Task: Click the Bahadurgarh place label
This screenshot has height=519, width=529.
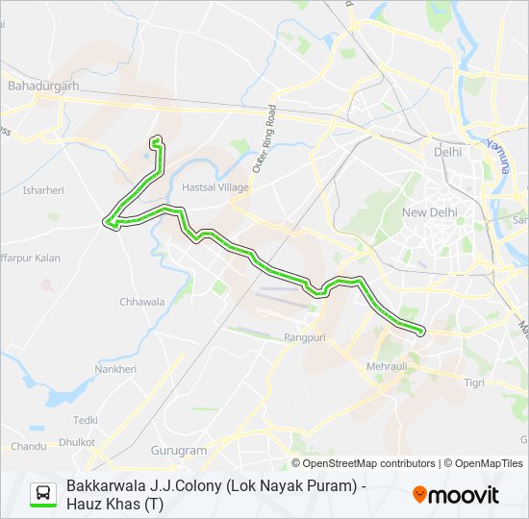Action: point(42,86)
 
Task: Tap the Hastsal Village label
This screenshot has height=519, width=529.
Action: point(215,187)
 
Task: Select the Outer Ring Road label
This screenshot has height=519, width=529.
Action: point(264,139)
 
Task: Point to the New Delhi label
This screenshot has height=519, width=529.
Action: point(429,212)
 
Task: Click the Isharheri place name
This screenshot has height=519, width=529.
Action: point(42,190)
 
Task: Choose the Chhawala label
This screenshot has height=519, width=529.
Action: point(141,302)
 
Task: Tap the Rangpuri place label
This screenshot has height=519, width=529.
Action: point(305,337)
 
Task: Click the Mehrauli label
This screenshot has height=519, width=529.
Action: point(388,366)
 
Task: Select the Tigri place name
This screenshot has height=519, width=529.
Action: point(474,383)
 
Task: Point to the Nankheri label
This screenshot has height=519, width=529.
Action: point(115,369)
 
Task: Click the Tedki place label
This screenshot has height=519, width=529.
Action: point(86,420)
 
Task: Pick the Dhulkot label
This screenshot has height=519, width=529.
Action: point(77,442)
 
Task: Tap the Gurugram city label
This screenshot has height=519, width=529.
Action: point(179,450)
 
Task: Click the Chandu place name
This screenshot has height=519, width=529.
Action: point(28,446)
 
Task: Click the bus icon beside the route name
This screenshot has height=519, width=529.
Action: point(43,494)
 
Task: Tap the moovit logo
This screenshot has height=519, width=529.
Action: point(456,495)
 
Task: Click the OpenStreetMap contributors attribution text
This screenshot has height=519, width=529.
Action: point(368,463)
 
